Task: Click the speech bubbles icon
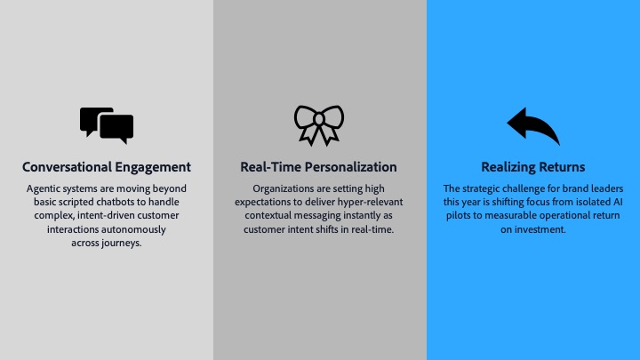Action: [x=107, y=125]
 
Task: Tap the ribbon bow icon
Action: [x=319, y=125]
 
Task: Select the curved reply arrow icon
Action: [x=533, y=125]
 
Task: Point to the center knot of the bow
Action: [x=319, y=119]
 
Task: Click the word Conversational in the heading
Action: [x=67, y=167]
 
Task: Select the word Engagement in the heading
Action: [x=153, y=168]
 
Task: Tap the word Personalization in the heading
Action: [x=351, y=167]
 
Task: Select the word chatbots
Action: [x=121, y=202]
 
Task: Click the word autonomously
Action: [x=134, y=230]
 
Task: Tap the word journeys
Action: [x=121, y=244]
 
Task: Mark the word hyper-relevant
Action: [x=370, y=203]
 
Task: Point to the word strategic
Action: [x=481, y=189]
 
